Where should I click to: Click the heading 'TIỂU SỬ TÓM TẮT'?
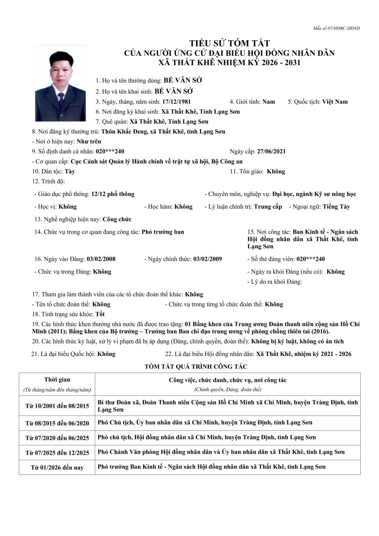tap(229, 43)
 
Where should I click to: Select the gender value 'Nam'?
tap(268, 101)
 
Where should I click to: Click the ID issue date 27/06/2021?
tap(271, 151)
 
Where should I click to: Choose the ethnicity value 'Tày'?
tap(70, 171)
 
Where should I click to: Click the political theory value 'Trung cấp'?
tap(268, 207)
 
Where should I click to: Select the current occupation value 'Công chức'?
tap(117, 219)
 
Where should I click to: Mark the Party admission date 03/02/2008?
tap(101, 259)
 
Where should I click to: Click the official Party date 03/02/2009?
tap(208, 259)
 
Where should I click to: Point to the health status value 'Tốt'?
tap(100, 314)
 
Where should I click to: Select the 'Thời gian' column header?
tap(57, 380)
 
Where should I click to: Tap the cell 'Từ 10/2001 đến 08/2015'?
tap(57, 406)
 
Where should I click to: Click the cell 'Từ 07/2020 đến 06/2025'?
tap(57, 438)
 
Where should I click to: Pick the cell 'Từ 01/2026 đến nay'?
tap(57, 467)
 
